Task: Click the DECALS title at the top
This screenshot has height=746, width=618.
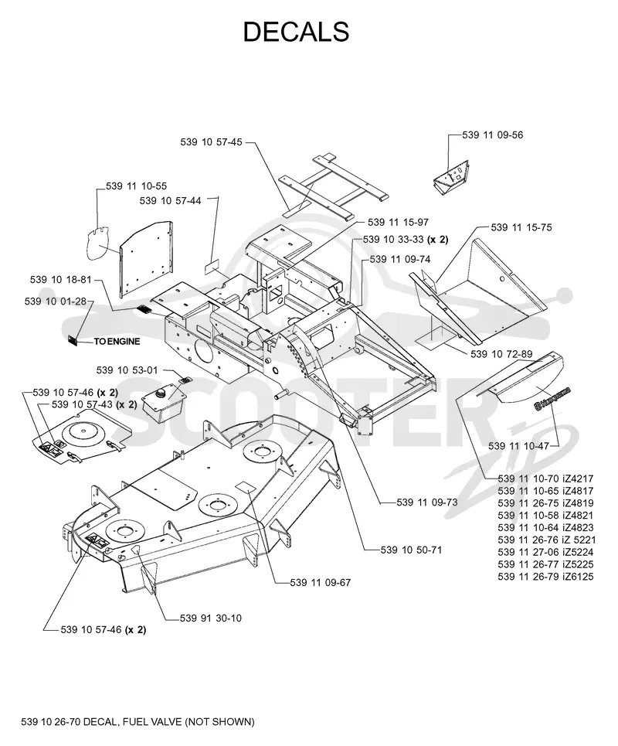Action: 296,32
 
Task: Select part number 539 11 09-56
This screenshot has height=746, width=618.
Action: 493,135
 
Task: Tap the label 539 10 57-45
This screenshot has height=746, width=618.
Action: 211,141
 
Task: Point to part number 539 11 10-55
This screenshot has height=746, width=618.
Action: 137,186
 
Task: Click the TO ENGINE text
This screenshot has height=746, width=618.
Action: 117,341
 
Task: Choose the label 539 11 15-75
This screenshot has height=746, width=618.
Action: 521,227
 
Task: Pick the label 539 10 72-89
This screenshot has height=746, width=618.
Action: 501,354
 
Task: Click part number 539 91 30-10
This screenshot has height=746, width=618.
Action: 211,618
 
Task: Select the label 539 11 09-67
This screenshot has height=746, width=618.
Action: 321,582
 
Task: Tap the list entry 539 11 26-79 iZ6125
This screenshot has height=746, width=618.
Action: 545,577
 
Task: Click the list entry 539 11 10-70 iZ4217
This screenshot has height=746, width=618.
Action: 545,479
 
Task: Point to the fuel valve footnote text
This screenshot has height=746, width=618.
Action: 138,722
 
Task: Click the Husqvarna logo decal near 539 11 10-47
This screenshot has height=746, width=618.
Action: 552,399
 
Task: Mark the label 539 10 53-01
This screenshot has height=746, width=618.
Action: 127,370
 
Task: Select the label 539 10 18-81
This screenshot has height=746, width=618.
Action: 60,279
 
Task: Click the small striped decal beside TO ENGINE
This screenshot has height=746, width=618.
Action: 73,341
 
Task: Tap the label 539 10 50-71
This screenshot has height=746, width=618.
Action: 411,550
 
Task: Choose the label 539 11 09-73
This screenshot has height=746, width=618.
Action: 427,502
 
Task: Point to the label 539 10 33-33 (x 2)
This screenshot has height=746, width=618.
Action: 406,240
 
